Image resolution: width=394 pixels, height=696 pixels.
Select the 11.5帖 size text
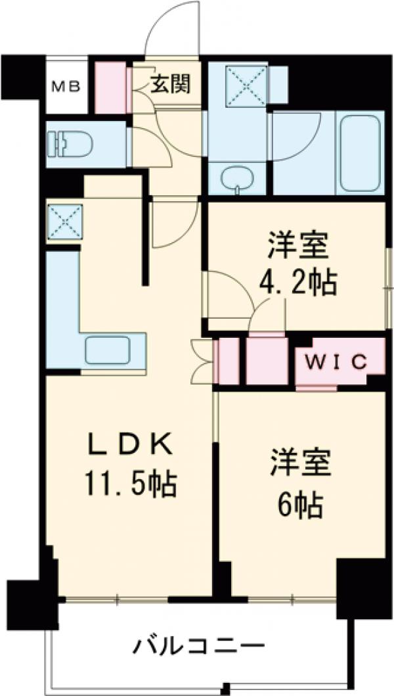click(129, 485)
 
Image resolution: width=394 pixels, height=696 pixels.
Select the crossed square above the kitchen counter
click(65, 220)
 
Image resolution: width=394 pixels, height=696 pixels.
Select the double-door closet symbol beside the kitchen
click(202, 360)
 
